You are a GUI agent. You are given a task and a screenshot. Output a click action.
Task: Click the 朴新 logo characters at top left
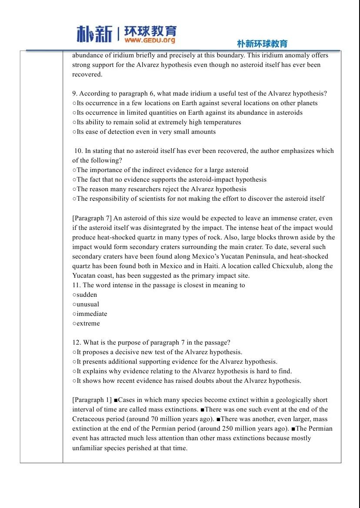coord(94,33)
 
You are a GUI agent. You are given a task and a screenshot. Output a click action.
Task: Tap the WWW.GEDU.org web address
coord(150,40)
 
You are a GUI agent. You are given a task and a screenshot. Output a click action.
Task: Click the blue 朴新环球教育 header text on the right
coord(262,43)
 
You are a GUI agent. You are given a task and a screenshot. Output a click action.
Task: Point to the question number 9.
coord(74,93)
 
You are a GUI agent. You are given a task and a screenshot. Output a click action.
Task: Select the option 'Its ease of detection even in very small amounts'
coord(146,132)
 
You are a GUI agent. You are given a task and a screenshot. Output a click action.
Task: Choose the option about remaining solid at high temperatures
coord(159,122)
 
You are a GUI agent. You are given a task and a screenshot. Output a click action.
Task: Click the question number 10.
coord(78,151)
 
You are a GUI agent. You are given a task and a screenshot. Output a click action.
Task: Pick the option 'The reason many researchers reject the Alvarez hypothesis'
coord(161,189)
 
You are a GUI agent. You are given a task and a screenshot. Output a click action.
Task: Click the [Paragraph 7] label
coord(92,218)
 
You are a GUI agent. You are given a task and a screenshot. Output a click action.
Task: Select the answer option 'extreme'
coord(88,323)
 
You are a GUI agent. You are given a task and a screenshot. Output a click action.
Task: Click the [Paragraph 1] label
coord(92,400)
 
